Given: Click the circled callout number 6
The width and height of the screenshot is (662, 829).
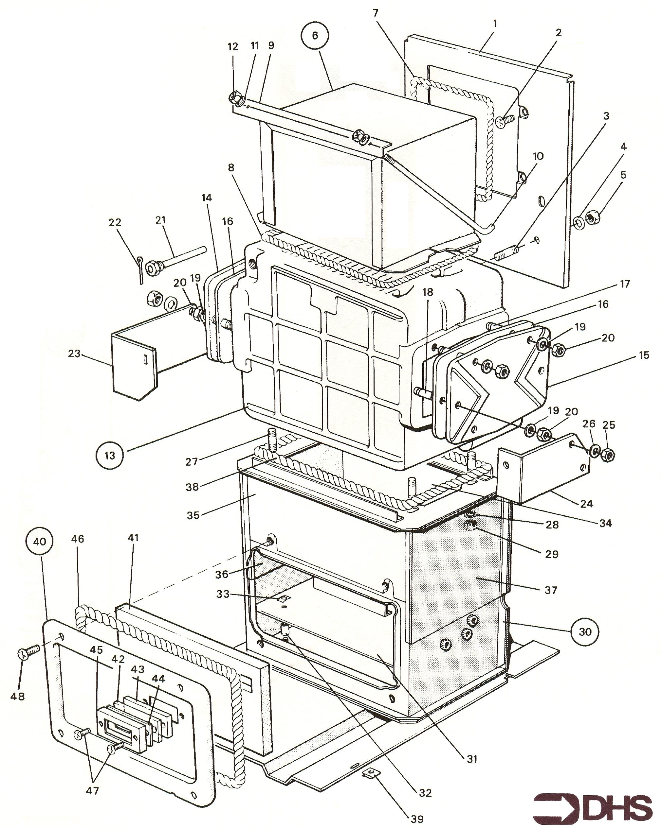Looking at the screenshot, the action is [315, 35].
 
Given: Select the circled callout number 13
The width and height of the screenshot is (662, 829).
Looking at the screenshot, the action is [110, 455].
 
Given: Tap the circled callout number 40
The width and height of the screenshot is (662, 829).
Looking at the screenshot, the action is [40, 542].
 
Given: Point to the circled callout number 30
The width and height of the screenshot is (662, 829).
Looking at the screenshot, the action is [585, 631].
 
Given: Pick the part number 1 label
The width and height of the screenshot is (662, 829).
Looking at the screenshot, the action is [495, 24].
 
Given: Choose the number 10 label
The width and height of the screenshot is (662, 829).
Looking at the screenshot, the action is [538, 157].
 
